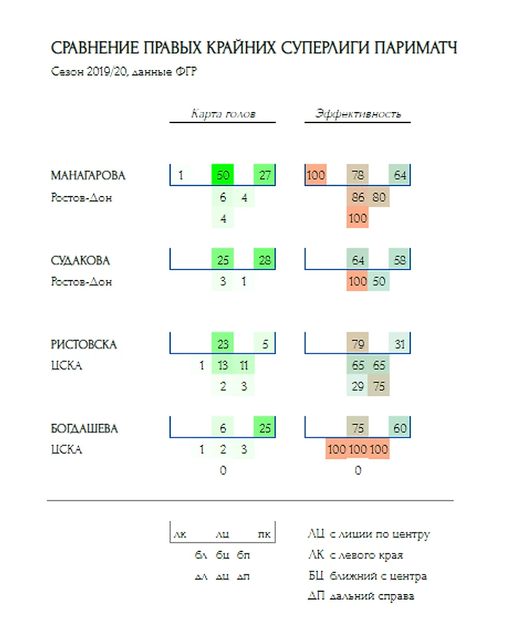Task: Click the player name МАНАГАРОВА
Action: pos(88,176)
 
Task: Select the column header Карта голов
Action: pos(223,114)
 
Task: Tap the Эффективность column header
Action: pos(358,114)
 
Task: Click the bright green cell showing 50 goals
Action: pos(223,175)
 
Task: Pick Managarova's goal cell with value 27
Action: pos(265,175)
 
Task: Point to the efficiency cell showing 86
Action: pos(358,197)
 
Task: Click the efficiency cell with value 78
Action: pos(358,175)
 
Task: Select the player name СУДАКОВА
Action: pos(80,260)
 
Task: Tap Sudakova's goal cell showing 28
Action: pos(265,260)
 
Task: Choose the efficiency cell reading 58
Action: pos(400,260)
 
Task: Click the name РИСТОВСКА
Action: pos(83,345)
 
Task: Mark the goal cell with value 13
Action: pos(223,365)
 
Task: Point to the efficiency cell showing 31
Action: pos(400,344)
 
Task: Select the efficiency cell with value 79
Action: pos(358,344)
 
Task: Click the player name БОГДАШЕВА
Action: pos(84,428)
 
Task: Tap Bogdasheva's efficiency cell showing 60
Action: pos(400,428)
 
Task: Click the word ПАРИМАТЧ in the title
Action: pos(416,48)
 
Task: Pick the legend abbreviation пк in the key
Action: pos(264,535)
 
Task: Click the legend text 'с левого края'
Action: pos(366,556)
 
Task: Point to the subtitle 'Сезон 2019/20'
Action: pos(90,71)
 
